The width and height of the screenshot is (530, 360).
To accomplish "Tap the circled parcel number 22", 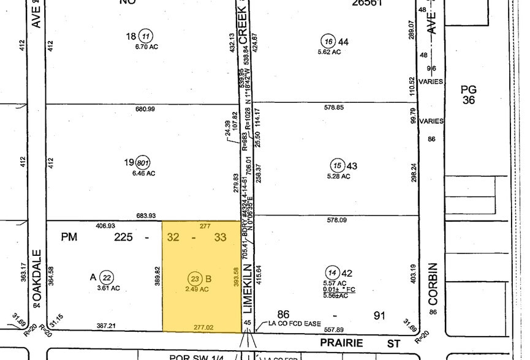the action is (x=107, y=277).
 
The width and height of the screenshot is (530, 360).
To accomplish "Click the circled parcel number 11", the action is (x=145, y=36).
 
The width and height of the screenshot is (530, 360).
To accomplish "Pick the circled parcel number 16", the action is (x=328, y=41).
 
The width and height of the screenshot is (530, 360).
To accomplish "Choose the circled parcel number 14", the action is (x=333, y=273).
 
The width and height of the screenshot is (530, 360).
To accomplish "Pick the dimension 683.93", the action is (x=145, y=216).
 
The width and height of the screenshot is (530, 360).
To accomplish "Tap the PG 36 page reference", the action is (x=469, y=94).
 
